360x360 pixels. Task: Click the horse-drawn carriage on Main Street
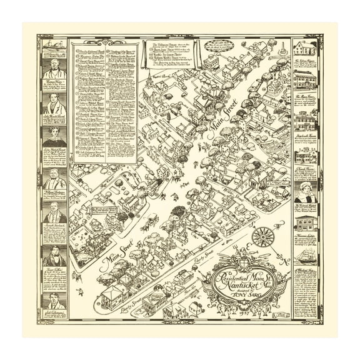click(152, 220)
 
